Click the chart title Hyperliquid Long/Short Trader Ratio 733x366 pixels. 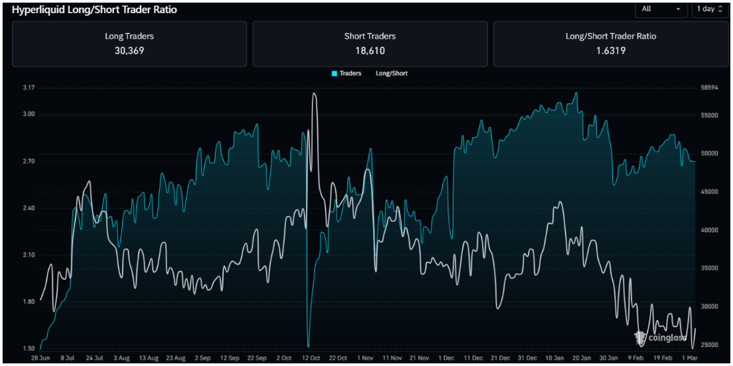tap(94, 10)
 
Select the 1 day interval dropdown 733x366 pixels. tap(709, 9)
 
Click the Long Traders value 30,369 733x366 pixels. tap(129, 51)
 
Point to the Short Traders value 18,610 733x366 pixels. tap(370, 51)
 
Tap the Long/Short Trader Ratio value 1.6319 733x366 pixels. tap(610, 51)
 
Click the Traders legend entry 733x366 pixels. tap(347, 73)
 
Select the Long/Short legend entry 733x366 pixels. tap(392, 73)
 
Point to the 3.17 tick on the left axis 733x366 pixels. tap(28, 88)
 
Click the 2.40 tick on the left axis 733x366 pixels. tap(28, 208)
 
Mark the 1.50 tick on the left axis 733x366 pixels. tap(28, 348)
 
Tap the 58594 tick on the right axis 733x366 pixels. tap(709, 88)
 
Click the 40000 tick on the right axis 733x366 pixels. tap(709, 230)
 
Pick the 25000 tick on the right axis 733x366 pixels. tap(709, 345)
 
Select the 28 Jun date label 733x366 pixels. tap(41, 358)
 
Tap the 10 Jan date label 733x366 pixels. tap(554, 358)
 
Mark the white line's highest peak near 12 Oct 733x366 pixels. tap(314, 93)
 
